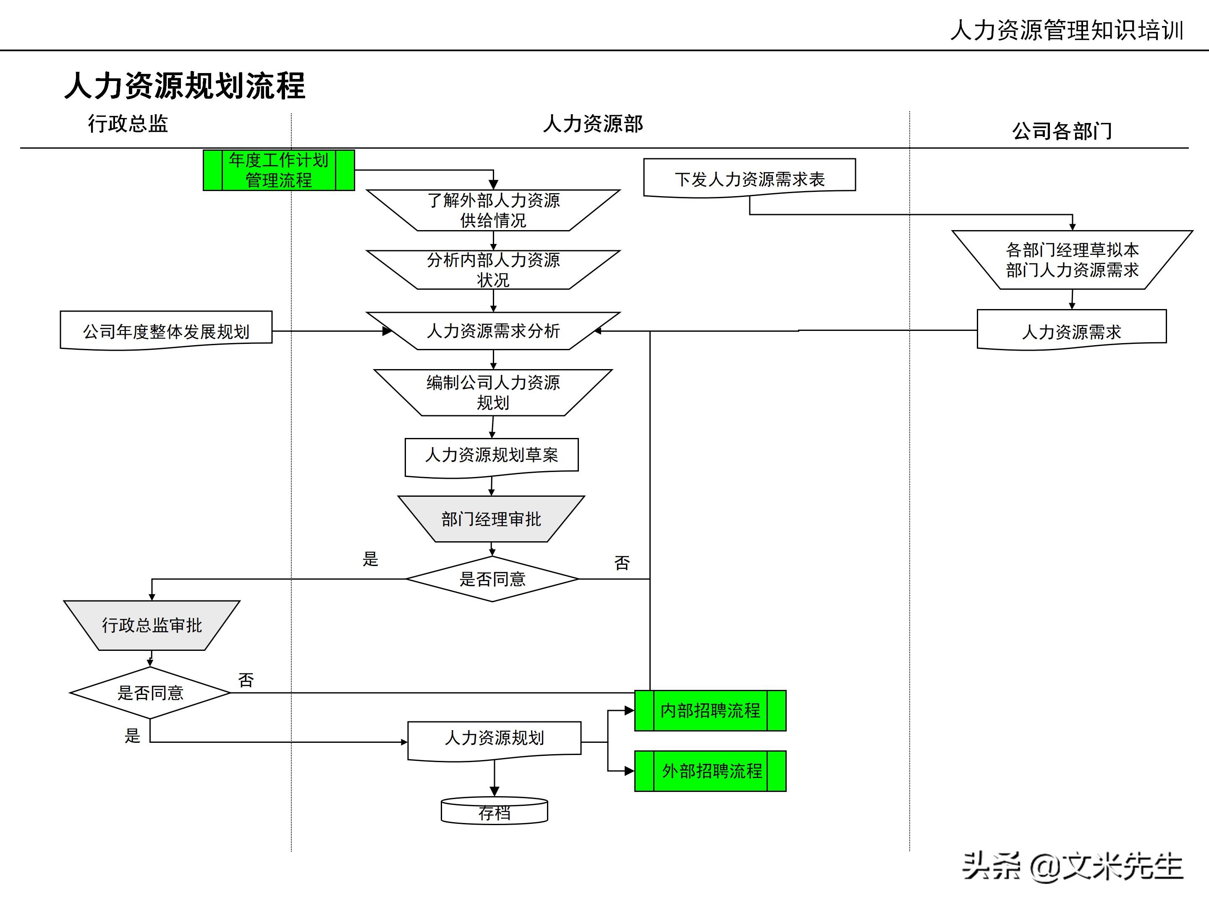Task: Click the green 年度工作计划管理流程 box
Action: tap(279, 170)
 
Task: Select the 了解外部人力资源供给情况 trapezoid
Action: tap(493, 210)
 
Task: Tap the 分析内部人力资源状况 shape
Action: tap(493, 270)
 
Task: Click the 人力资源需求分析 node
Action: tap(493, 331)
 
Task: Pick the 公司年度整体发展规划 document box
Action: tap(166, 331)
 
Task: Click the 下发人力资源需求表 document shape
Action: tap(749, 178)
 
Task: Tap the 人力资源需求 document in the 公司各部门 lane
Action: tap(1071, 331)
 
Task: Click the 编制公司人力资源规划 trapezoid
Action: tap(493, 392)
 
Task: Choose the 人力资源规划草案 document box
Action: tap(491, 456)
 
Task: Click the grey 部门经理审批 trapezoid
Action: tap(491, 519)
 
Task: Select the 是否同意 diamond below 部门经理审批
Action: tap(492, 579)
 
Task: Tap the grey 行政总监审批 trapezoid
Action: tap(152, 625)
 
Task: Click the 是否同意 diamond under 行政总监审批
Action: tap(150, 693)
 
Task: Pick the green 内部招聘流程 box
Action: tap(710, 710)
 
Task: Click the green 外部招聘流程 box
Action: tap(710, 771)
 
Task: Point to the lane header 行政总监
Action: tap(128, 123)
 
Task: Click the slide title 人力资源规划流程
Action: tap(185, 86)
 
